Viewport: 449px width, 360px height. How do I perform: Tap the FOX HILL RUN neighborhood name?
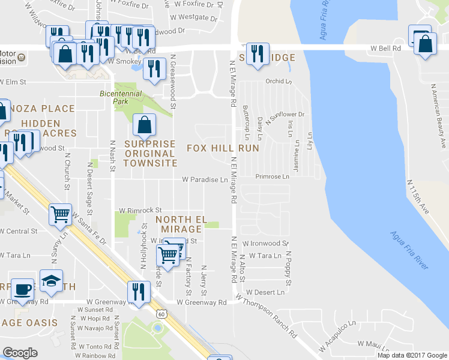tap(223, 148)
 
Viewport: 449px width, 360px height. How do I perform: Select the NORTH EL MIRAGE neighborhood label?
tap(179, 224)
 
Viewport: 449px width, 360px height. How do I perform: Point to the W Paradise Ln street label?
tap(205, 179)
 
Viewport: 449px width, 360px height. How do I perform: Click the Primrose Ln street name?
tap(272, 176)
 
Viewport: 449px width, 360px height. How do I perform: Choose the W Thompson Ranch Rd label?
tap(267, 315)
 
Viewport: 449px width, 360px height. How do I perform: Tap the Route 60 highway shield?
tap(161, 313)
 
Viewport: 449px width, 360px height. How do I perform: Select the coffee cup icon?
tap(23, 289)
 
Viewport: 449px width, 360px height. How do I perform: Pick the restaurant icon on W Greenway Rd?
tap(139, 292)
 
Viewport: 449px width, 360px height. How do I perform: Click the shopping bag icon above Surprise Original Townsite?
tap(145, 125)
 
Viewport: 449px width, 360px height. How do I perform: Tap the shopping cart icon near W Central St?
tap(61, 213)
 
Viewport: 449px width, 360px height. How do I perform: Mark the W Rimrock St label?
tap(140, 211)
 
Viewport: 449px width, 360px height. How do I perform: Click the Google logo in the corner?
tap(20, 353)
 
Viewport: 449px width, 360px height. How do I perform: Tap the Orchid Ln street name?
tap(279, 82)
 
